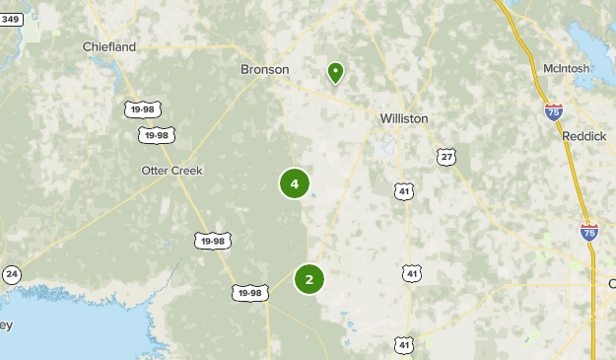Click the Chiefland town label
[109, 45]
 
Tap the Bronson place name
[265, 70]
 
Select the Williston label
[404, 118]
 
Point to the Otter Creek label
[171, 171]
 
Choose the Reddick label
[584, 136]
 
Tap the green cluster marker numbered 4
[295, 183]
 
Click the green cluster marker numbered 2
[309, 279]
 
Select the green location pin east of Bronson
[336, 72]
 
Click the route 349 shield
[10, 19]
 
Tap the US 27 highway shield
[447, 157]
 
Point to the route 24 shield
[11, 274]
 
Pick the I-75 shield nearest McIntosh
[553, 111]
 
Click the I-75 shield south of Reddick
[589, 232]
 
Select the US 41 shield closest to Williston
[404, 191]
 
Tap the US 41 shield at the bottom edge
[404, 344]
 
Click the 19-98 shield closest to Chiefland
[143, 108]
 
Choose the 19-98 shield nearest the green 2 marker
[249, 292]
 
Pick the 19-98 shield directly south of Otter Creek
[212, 240]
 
